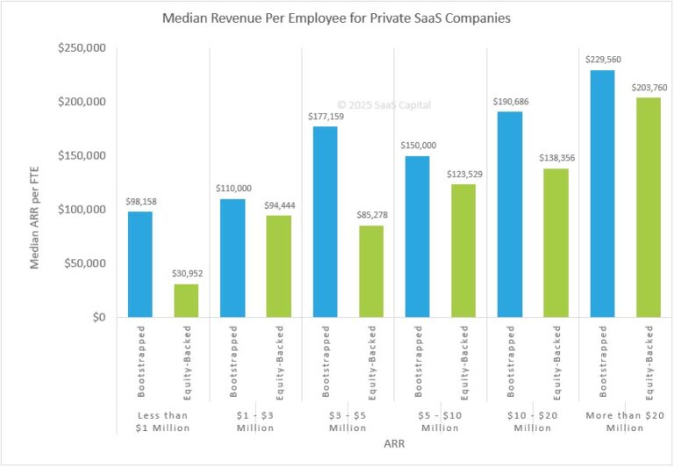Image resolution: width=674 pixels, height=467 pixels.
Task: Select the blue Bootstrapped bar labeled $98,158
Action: coord(140,264)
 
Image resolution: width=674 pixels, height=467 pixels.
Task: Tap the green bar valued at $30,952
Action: coord(186,300)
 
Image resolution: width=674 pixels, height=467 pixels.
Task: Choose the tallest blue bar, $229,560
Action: coord(603,193)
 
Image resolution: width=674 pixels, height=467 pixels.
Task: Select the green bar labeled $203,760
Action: coord(649,207)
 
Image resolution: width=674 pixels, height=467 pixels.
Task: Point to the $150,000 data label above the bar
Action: coord(417,146)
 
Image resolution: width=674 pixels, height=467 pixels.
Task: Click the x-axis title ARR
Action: coord(394,444)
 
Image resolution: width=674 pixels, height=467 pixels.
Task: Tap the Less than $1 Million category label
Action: coord(162,420)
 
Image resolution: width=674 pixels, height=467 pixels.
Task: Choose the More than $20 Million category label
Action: coord(626,420)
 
